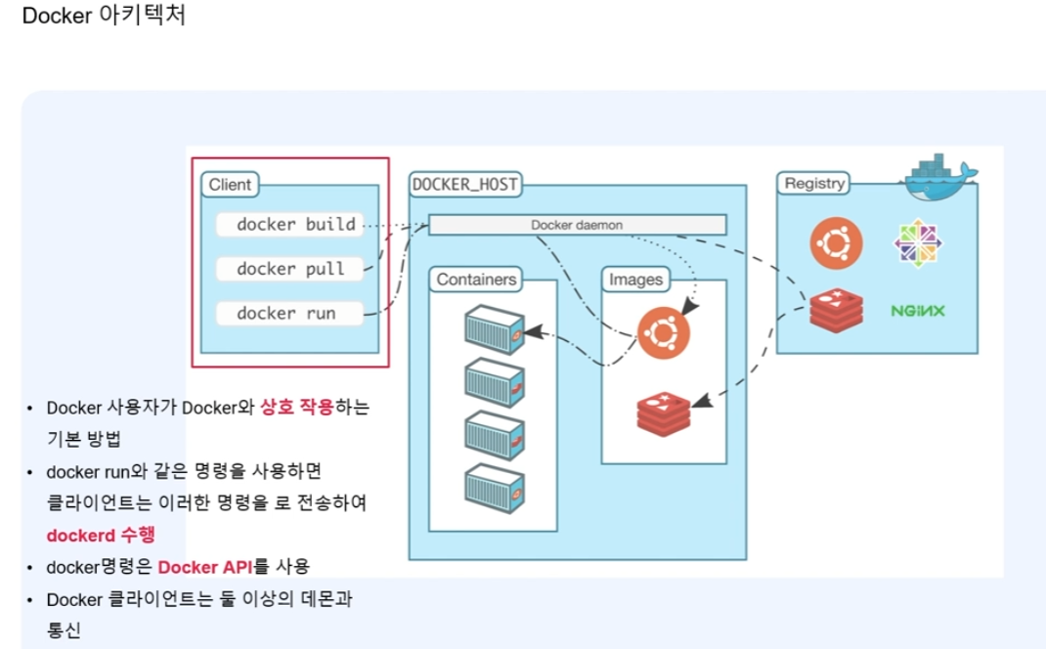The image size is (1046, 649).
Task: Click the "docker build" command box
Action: pyautogui.click(x=288, y=224)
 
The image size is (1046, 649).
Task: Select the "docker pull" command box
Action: pyautogui.click(x=290, y=268)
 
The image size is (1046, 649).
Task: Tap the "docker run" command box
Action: pyautogui.click(x=287, y=313)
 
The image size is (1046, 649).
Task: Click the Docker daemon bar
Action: pyautogui.click(x=577, y=225)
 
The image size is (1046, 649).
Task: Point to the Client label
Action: pyautogui.click(x=230, y=185)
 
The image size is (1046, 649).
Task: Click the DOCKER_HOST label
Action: pyautogui.click(x=464, y=184)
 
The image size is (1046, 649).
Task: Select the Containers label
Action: pyautogui.click(x=476, y=280)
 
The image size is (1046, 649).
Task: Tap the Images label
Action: pyautogui.click(x=635, y=280)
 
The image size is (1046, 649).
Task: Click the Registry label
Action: pyautogui.click(x=813, y=183)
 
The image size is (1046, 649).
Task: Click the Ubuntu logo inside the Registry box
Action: pyautogui.click(x=836, y=242)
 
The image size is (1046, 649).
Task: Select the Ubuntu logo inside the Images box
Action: pyautogui.click(x=664, y=332)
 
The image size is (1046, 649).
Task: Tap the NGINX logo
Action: pyautogui.click(x=918, y=311)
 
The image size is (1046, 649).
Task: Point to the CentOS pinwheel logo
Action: pyautogui.click(x=918, y=242)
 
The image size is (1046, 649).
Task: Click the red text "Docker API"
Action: pyautogui.click(x=205, y=567)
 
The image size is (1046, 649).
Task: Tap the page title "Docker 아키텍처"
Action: pyautogui.click(x=104, y=17)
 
